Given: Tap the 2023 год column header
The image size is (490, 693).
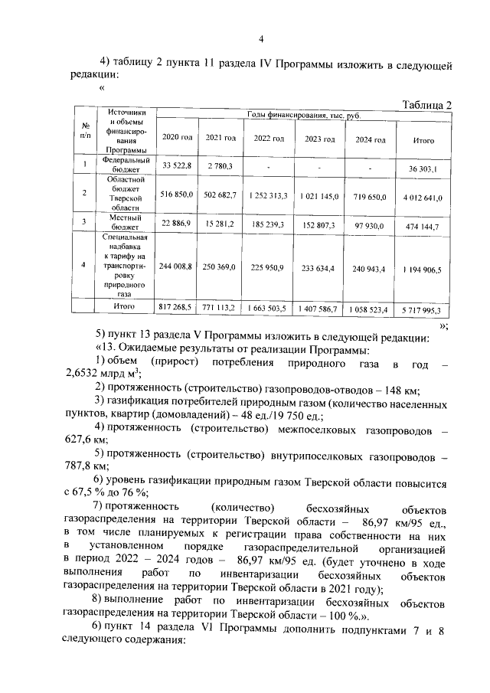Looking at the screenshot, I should tap(320, 139).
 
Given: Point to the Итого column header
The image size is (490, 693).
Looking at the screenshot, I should tap(423, 141).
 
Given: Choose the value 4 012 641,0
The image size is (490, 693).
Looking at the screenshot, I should tap(423, 196).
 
